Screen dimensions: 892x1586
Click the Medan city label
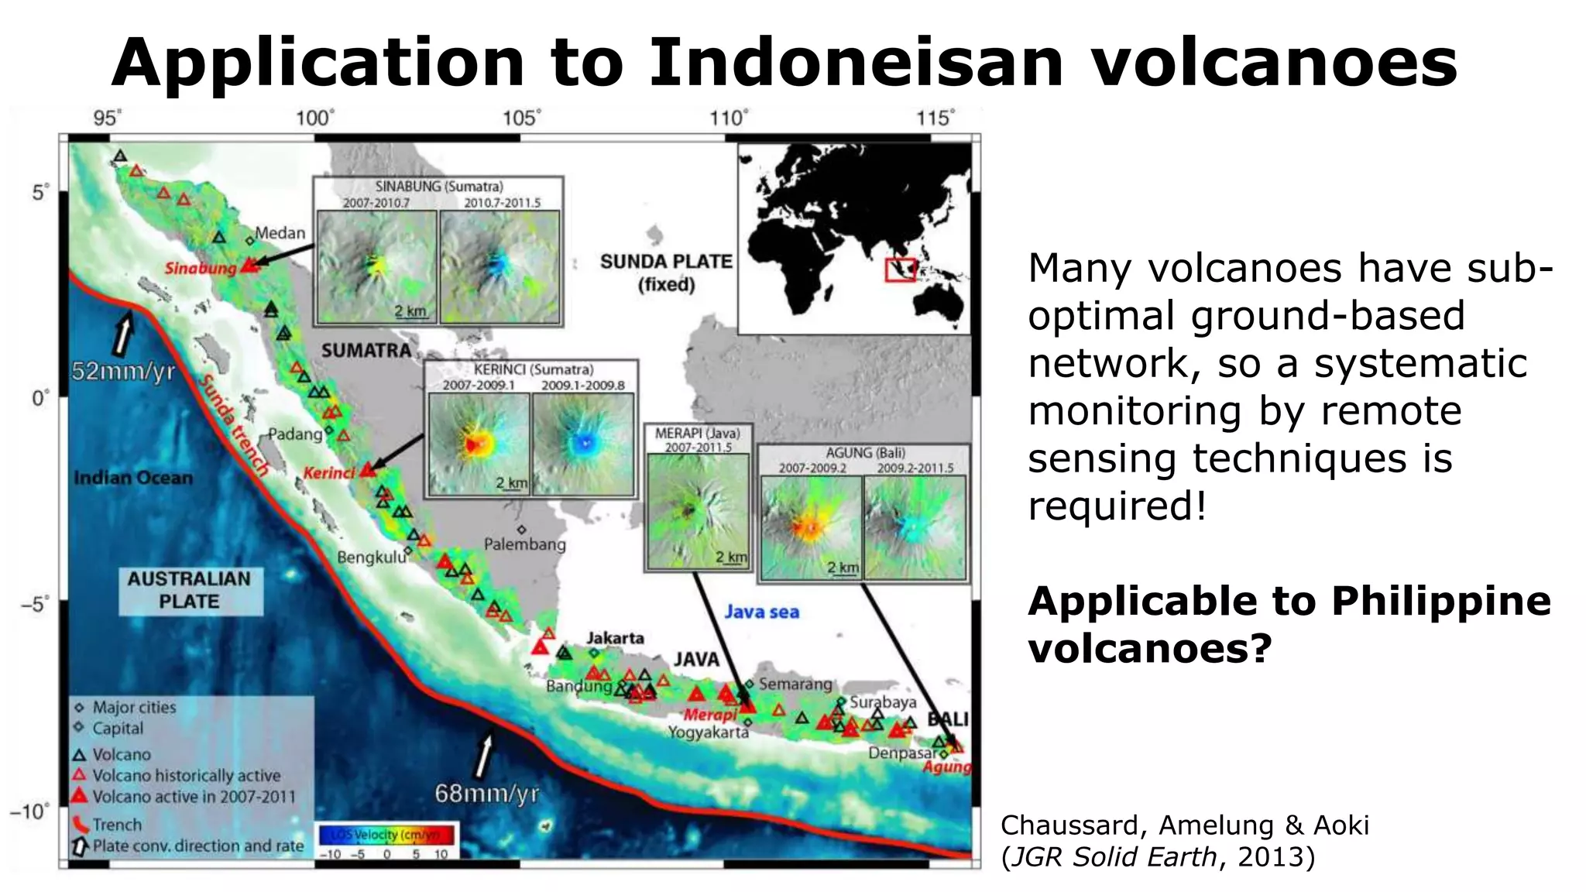tap(280, 233)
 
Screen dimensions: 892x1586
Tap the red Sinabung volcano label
tap(200, 269)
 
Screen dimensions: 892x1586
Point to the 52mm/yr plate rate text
tap(123, 372)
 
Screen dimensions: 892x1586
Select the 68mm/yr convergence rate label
tap(486, 794)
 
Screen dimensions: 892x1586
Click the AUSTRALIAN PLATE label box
tap(190, 590)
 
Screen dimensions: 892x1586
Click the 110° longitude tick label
tap(728, 118)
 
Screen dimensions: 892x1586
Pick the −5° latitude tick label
tap(34, 603)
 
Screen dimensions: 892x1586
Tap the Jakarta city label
tap(615, 638)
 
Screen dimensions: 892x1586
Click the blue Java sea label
tap(761, 612)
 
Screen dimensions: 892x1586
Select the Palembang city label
tap(524, 544)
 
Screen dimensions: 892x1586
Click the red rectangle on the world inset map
tap(901, 269)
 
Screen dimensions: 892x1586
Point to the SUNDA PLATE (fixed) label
tap(666, 273)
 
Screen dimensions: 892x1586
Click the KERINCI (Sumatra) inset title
tap(534, 370)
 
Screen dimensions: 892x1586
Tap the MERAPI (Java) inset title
tap(697, 434)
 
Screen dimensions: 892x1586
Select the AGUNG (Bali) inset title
tap(864, 453)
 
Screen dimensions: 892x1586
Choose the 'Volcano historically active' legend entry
tap(186, 775)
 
